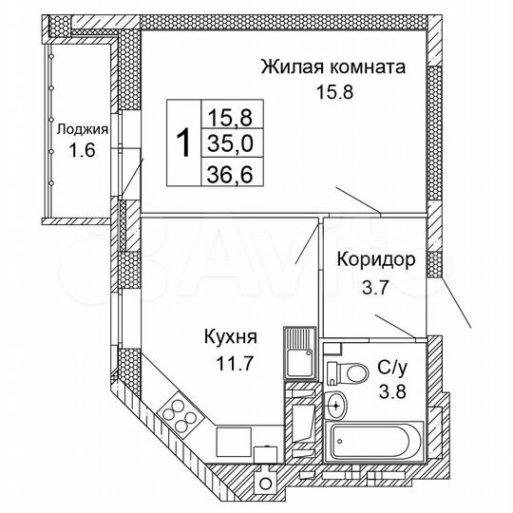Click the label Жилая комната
click(332, 67)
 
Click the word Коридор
click(375, 260)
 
